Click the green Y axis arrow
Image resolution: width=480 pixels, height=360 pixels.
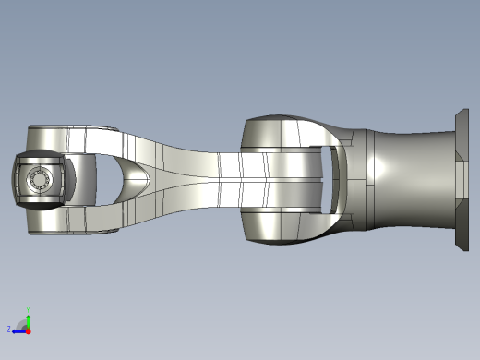pos(28,319)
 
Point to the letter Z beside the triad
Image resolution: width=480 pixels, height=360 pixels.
pos(9,329)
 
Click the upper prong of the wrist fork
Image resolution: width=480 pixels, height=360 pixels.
pos(74,137)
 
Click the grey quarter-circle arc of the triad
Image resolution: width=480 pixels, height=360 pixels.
pos(23,324)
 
